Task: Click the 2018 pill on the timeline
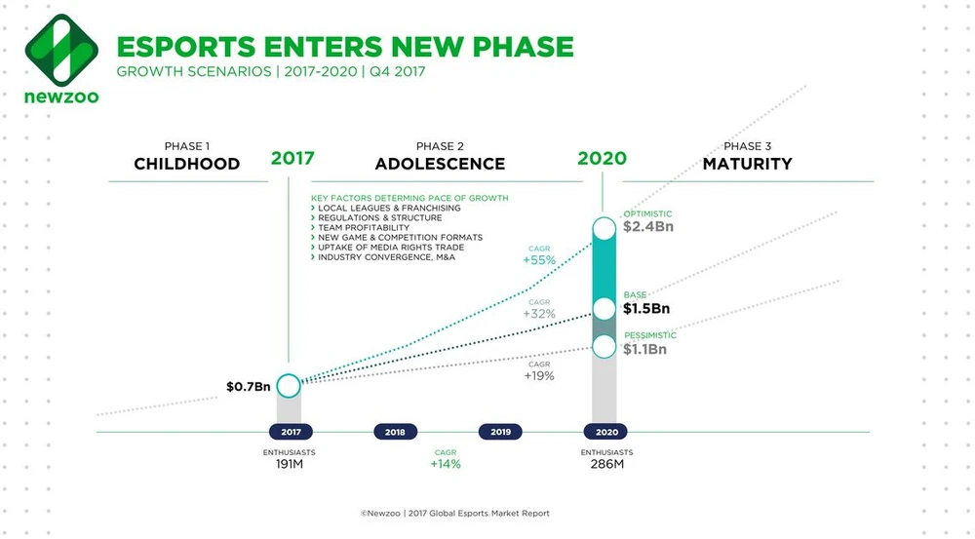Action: (395, 431)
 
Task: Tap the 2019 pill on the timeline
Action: (500, 431)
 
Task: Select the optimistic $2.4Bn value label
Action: (648, 228)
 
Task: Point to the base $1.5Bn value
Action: (646, 309)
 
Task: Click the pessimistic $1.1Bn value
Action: (645, 349)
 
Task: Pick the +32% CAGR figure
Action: (538, 315)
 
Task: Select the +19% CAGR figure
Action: (538, 375)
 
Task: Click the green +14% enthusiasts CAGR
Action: (446, 465)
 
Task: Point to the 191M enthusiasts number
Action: (289, 465)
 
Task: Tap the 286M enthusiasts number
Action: (606, 465)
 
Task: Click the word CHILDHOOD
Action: (187, 163)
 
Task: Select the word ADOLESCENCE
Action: (440, 163)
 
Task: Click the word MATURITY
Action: (748, 163)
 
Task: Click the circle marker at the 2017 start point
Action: (289, 385)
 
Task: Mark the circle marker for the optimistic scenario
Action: (604, 228)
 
